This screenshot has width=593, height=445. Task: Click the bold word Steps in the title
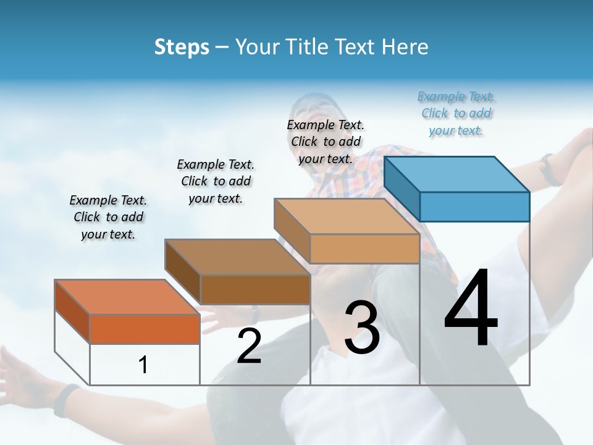point(182,47)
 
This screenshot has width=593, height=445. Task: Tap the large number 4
point(471,309)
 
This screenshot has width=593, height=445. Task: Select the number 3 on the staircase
point(362,328)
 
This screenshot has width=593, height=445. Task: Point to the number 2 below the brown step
point(249,346)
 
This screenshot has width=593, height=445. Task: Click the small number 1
point(143,365)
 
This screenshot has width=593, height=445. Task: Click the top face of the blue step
point(456,174)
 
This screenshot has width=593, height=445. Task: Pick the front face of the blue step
point(474,206)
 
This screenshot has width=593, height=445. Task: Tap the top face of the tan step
point(346,216)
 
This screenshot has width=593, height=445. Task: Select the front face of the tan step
point(364,248)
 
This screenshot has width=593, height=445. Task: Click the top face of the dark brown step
point(237,256)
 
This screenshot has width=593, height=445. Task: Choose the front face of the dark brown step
point(255,289)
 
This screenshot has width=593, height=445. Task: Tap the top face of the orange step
point(127,297)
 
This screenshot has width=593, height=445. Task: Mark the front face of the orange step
point(145,329)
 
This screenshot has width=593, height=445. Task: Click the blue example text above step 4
point(456,114)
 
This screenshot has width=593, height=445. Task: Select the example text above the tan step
point(326,142)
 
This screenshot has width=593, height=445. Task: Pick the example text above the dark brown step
point(216,181)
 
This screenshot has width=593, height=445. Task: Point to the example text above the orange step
point(108,217)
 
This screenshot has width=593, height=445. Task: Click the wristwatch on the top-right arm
point(548,169)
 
